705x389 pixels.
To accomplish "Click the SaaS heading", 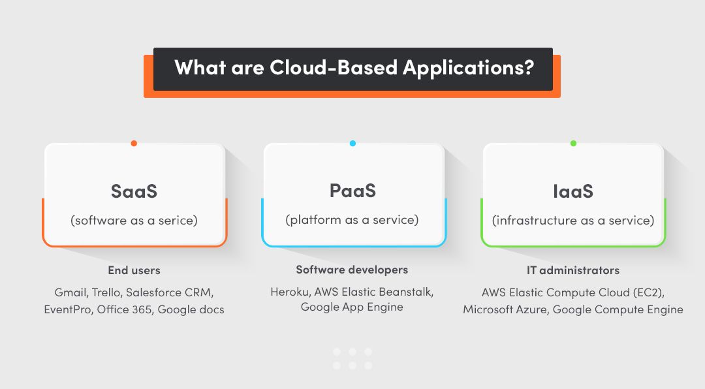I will (x=134, y=191).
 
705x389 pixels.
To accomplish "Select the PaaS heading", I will (x=352, y=191).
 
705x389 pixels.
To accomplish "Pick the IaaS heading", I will (x=572, y=191).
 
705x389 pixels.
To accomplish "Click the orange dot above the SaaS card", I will (x=134, y=143).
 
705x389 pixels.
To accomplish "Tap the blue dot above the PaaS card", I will (x=352, y=143).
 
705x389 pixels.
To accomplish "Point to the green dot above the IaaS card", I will (x=573, y=143).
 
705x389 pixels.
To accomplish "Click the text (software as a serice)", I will (x=134, y=221).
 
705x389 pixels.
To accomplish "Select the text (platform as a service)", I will (x=352, y=220).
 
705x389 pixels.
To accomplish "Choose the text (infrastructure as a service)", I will (x=573, y=221).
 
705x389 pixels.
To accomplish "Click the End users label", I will (x=134, y=270).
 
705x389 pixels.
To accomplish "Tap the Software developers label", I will (x=352, y=270).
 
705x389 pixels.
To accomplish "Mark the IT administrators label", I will (x=573, y=270).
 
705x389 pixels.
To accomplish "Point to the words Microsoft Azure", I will (x=504, y=309).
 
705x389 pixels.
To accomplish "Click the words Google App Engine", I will (x=352, y=307).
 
